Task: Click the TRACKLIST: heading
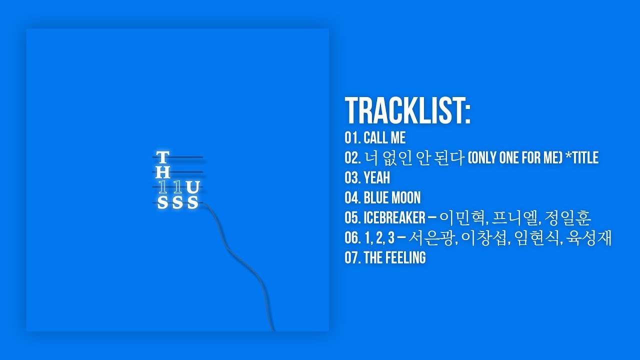[x=407, y=111]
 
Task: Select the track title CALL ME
[x=384, y=138]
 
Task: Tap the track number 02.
[x=351, y=158]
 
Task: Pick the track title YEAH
[x=376, y=178]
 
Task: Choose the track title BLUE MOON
[x=392, y=198]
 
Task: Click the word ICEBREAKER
[x=394, y=218]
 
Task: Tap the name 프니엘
[x=515, y=218]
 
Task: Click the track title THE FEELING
[x=394, y=258]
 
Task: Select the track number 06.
[x=351, y=238]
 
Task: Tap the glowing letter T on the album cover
[x=162, y=158]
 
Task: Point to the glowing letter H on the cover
[x=163, y=173]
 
